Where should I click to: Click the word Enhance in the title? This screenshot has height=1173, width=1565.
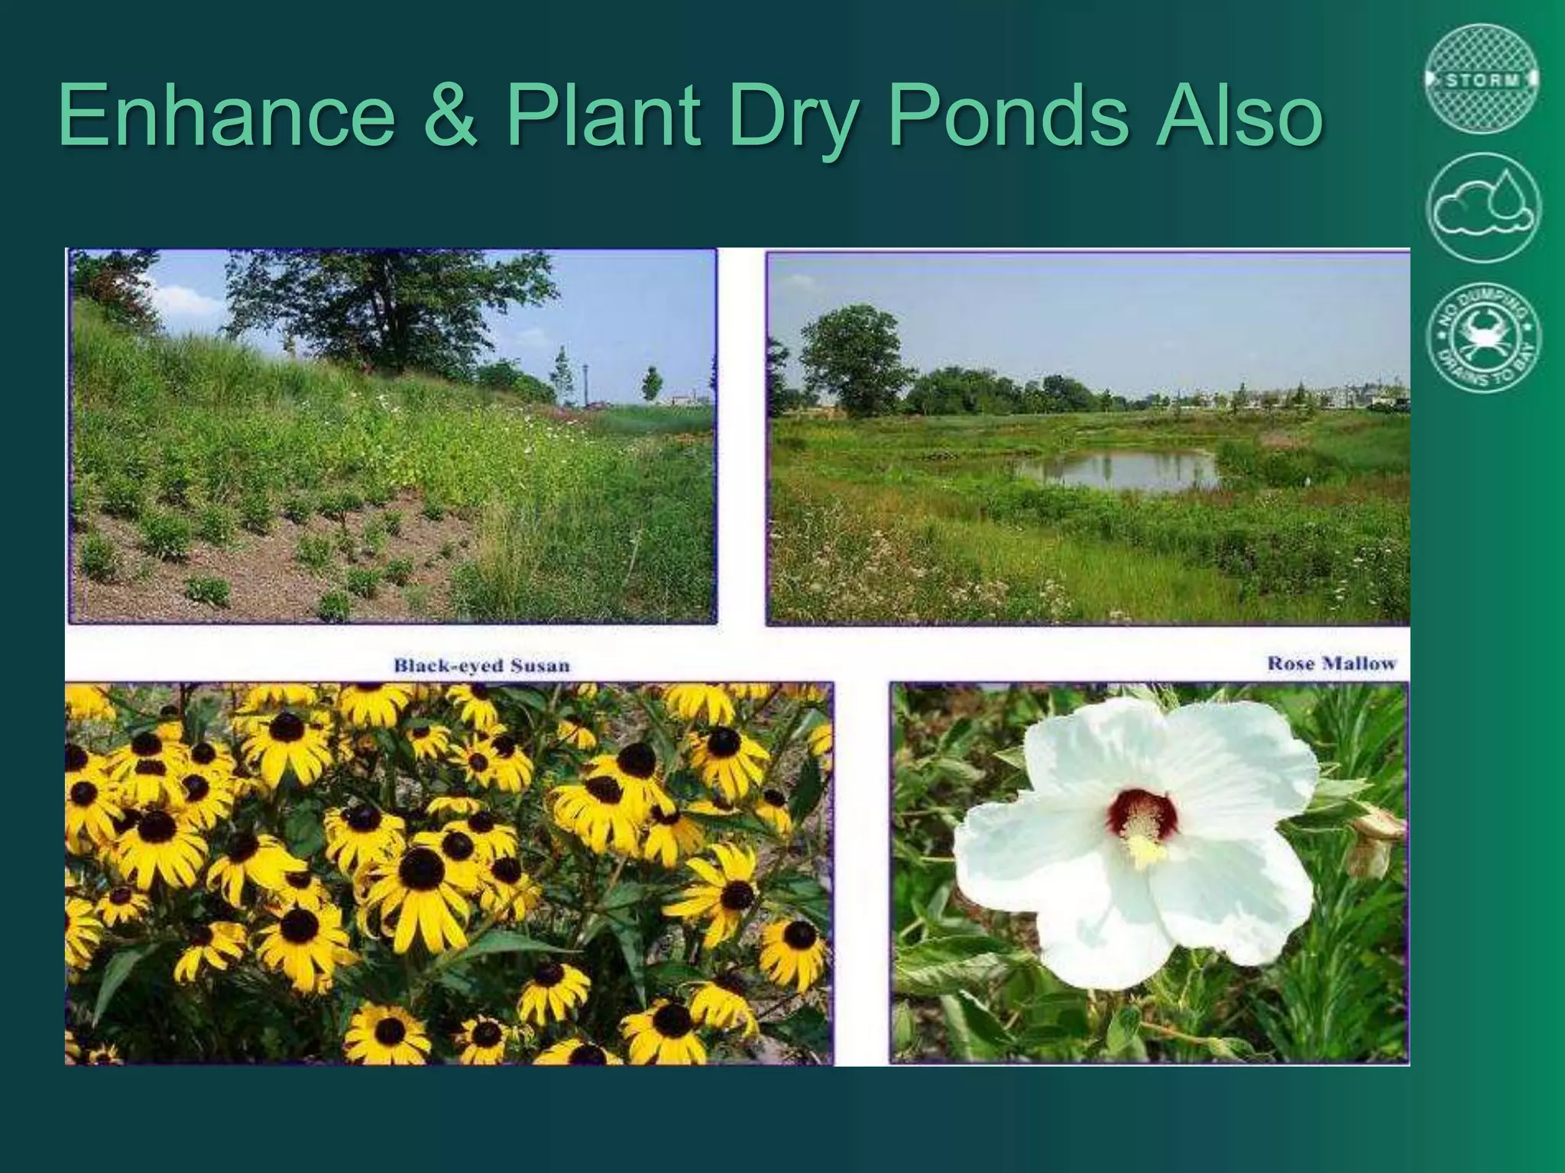coord(226,116)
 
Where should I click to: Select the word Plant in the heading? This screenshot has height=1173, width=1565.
coord(603,116)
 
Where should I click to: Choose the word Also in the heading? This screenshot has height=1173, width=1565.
coord(1238,116)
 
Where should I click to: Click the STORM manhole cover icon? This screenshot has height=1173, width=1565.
coord(1482,79)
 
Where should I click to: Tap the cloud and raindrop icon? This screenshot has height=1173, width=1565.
coord(1482,208)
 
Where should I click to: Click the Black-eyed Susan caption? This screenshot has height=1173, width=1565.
coord(481,665)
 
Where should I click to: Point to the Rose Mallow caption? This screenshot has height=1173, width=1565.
coord(1331,664)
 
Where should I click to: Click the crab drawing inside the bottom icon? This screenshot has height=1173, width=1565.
coord(1482,336)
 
